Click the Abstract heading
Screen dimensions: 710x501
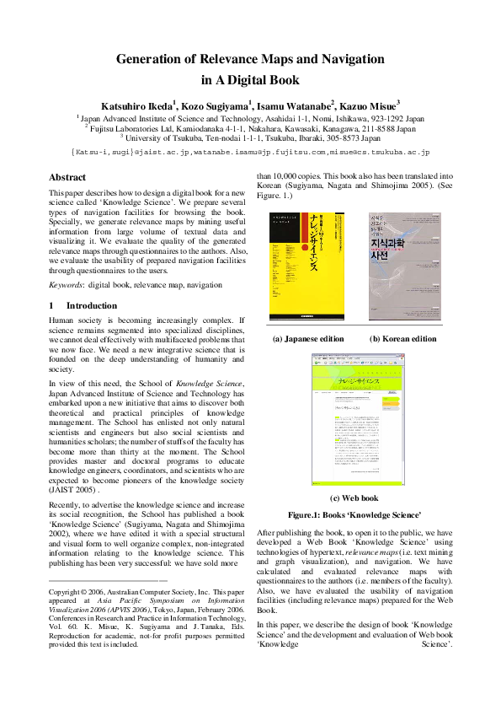pyautogui.click(x=67, y=178)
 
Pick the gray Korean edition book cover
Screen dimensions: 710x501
pyautogui.click(x=405, y=266)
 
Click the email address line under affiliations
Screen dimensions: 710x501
pyautogui.click(x=250, y=153)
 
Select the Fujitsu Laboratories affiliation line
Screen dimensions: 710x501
pyautogui.click(x=250, y=129)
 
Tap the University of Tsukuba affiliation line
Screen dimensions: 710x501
pyautogui.click(x=250, y=138)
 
